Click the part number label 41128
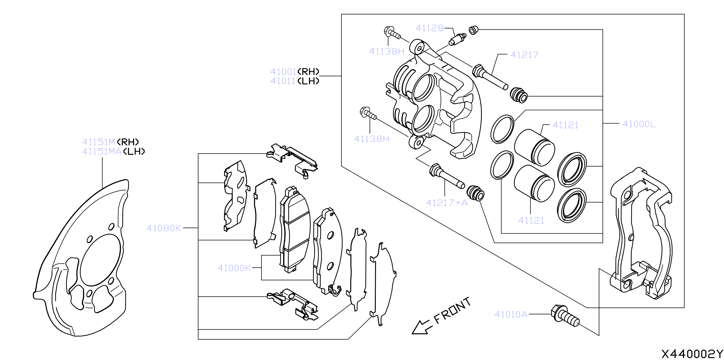(x=429, y=28)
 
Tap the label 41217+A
(x=447, y=203)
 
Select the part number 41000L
(x=639, y=124)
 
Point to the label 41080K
(x=164, y=228)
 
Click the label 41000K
(x=234, y=268)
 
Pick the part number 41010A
(x=511, y=314)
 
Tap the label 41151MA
(x=102, y=152)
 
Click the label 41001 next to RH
(x=283, y=72)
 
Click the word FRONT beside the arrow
(x=452, y=310)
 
